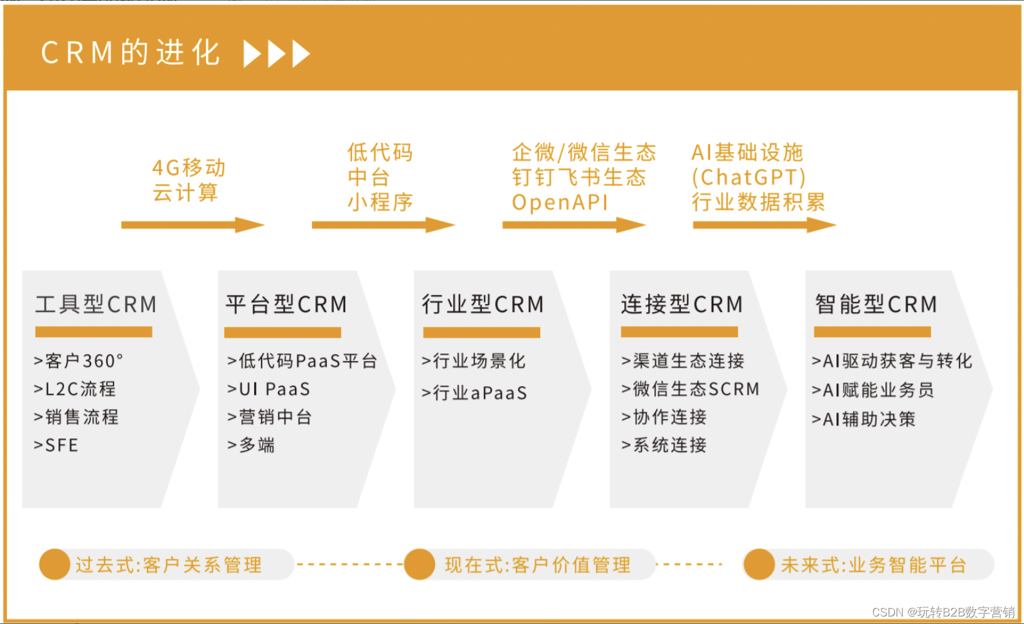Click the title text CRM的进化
(131, 53)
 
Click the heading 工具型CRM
(96, 304)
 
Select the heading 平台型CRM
(286, 304)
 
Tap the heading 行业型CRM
(483, 304)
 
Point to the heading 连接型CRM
(682, 304)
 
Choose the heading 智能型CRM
(876, 304)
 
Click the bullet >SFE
(56, 446)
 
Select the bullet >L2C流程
(75, 389)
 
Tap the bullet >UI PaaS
(269, 389)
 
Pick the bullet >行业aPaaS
(474, 393)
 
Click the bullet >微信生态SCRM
(690, 389)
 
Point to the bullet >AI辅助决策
(864, 419)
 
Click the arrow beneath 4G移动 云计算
(192, 225)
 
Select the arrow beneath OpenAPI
(573, 225)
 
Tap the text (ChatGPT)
(749, 178)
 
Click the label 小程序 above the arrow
(380, 202)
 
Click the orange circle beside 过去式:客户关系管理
(55, 564)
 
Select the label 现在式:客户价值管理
(537, 565)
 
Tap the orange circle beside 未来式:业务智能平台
(759, 564)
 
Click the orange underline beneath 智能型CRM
(872, 332)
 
